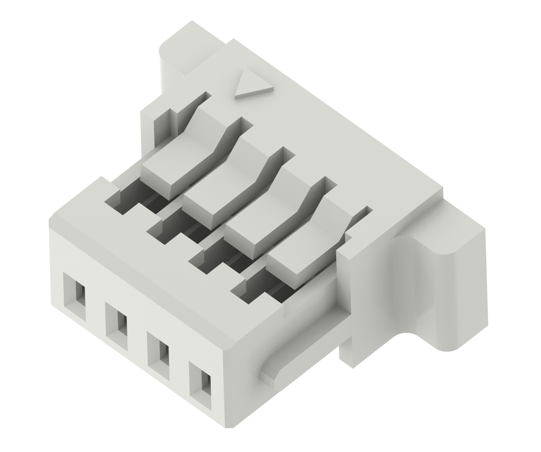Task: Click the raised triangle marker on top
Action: click(x=252, y=86)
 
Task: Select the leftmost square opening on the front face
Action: click(x=75, y=296)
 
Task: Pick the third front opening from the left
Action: click(x=158, y=356)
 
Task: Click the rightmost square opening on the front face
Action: click(x=200, y=385)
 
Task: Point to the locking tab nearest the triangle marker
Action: click(x=181, y=159)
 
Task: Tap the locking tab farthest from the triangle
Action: click(x=306, y=249)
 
